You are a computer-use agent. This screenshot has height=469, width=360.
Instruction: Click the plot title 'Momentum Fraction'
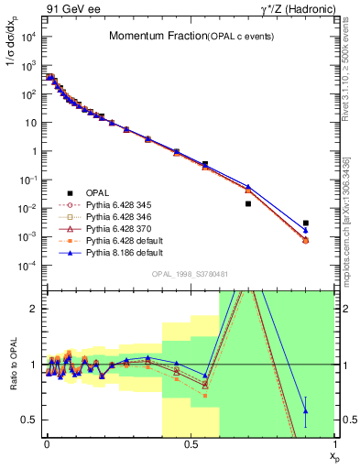click(148, 37)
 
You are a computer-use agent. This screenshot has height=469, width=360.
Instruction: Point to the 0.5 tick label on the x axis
click(190, 442)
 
